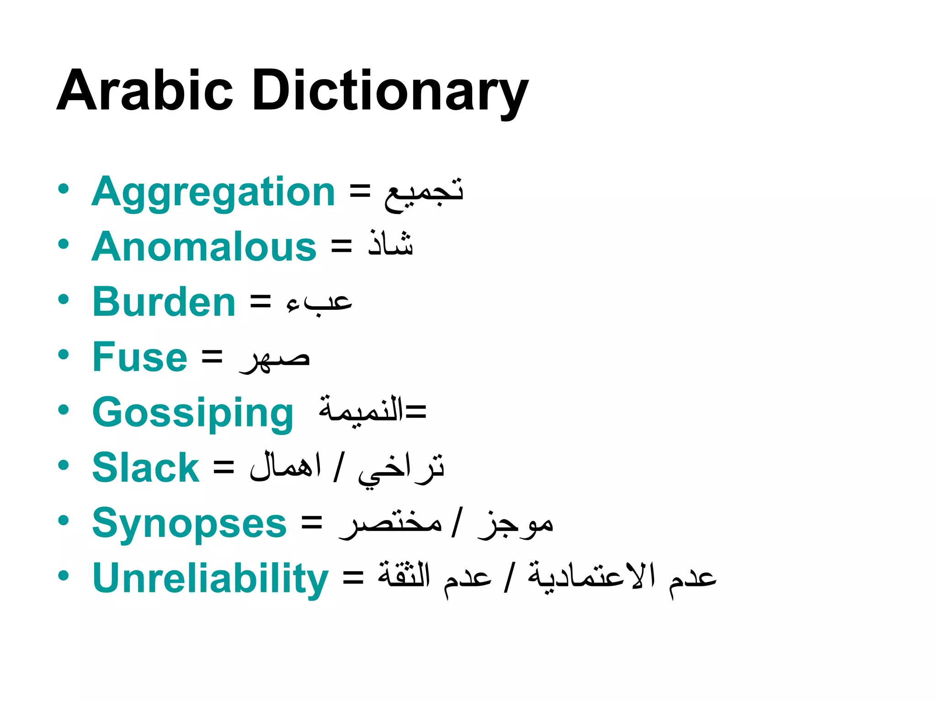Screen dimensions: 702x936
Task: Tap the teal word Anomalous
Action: (x=204, y=247)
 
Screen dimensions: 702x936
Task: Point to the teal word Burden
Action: (x=164, y=302)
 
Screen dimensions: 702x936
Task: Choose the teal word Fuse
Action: (x=140, y=357)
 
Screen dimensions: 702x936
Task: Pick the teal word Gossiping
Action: (x=193, y=413)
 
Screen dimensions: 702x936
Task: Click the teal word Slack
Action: (x=146, y=468)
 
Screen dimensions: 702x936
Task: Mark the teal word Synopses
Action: (x=189, y=524)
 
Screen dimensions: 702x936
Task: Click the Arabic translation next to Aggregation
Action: (x=424, y=194)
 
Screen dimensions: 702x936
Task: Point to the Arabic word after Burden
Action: (x=319, y=302)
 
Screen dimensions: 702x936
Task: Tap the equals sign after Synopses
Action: (x=312, y=523)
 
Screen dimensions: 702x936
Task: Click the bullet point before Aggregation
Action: (x=64, y=189)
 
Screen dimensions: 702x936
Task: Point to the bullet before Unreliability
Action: (x=64, y=575)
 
